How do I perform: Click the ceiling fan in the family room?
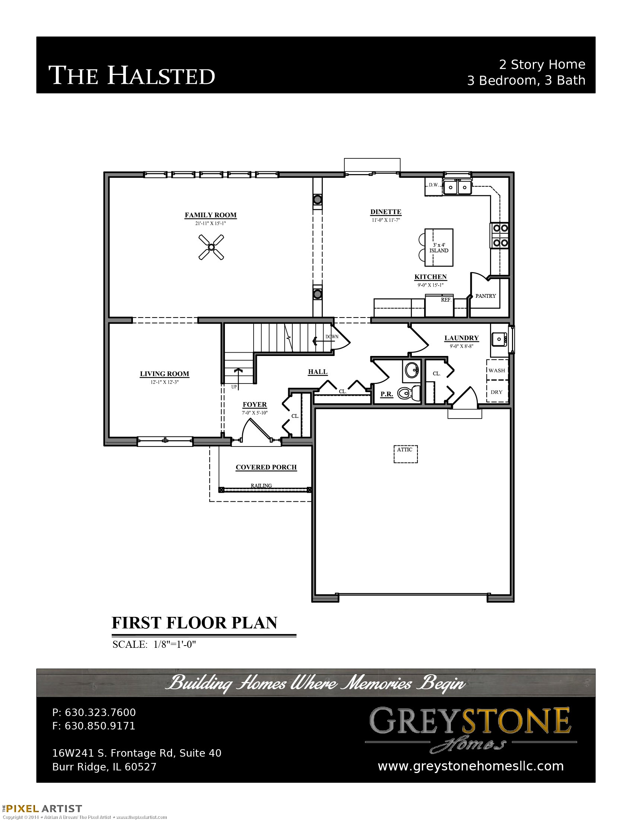(211, 247)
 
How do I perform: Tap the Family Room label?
(210, 215)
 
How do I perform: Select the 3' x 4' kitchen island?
(439, 248)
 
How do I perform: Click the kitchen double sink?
(457, 187)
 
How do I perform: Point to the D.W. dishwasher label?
(433, 185)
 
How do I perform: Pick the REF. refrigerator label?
(446, 300)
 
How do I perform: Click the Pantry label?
(486, 296)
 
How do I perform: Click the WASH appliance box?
(497, 370)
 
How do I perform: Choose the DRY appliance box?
(497, 391)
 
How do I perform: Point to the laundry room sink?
(499, 339)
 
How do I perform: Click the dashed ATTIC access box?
(405, 454)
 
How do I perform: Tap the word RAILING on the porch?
(261, 486)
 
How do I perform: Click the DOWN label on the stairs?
(332, 337)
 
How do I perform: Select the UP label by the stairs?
(234, 387)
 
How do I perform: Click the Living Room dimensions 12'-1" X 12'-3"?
(165, 382)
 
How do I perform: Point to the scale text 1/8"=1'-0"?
(175, 644)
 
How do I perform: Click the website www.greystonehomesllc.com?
(471, 766)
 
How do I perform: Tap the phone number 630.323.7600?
(100, 712)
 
